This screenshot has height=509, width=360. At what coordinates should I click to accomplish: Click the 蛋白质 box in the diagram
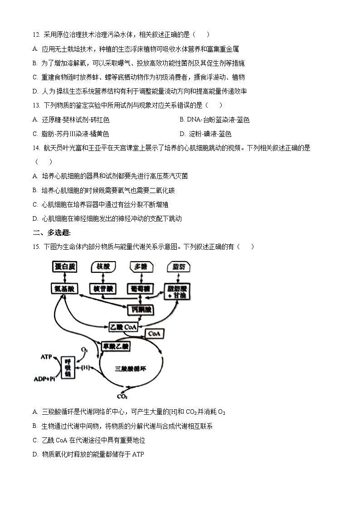[x=63, y=267]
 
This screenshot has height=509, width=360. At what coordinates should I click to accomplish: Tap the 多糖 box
[x=141, y=267]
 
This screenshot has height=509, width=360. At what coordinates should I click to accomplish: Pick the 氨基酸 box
[x=63, y=288]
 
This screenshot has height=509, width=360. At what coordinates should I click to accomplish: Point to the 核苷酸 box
[x=103, y=288]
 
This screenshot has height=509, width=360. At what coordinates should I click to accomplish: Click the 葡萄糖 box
[x=140, y=288]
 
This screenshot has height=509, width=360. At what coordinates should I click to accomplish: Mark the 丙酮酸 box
[x=140, y=310]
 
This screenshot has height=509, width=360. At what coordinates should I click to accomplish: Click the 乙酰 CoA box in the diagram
[x=123, y=326]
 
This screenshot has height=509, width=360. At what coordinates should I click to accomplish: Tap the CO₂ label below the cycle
[x=122, y=397]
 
